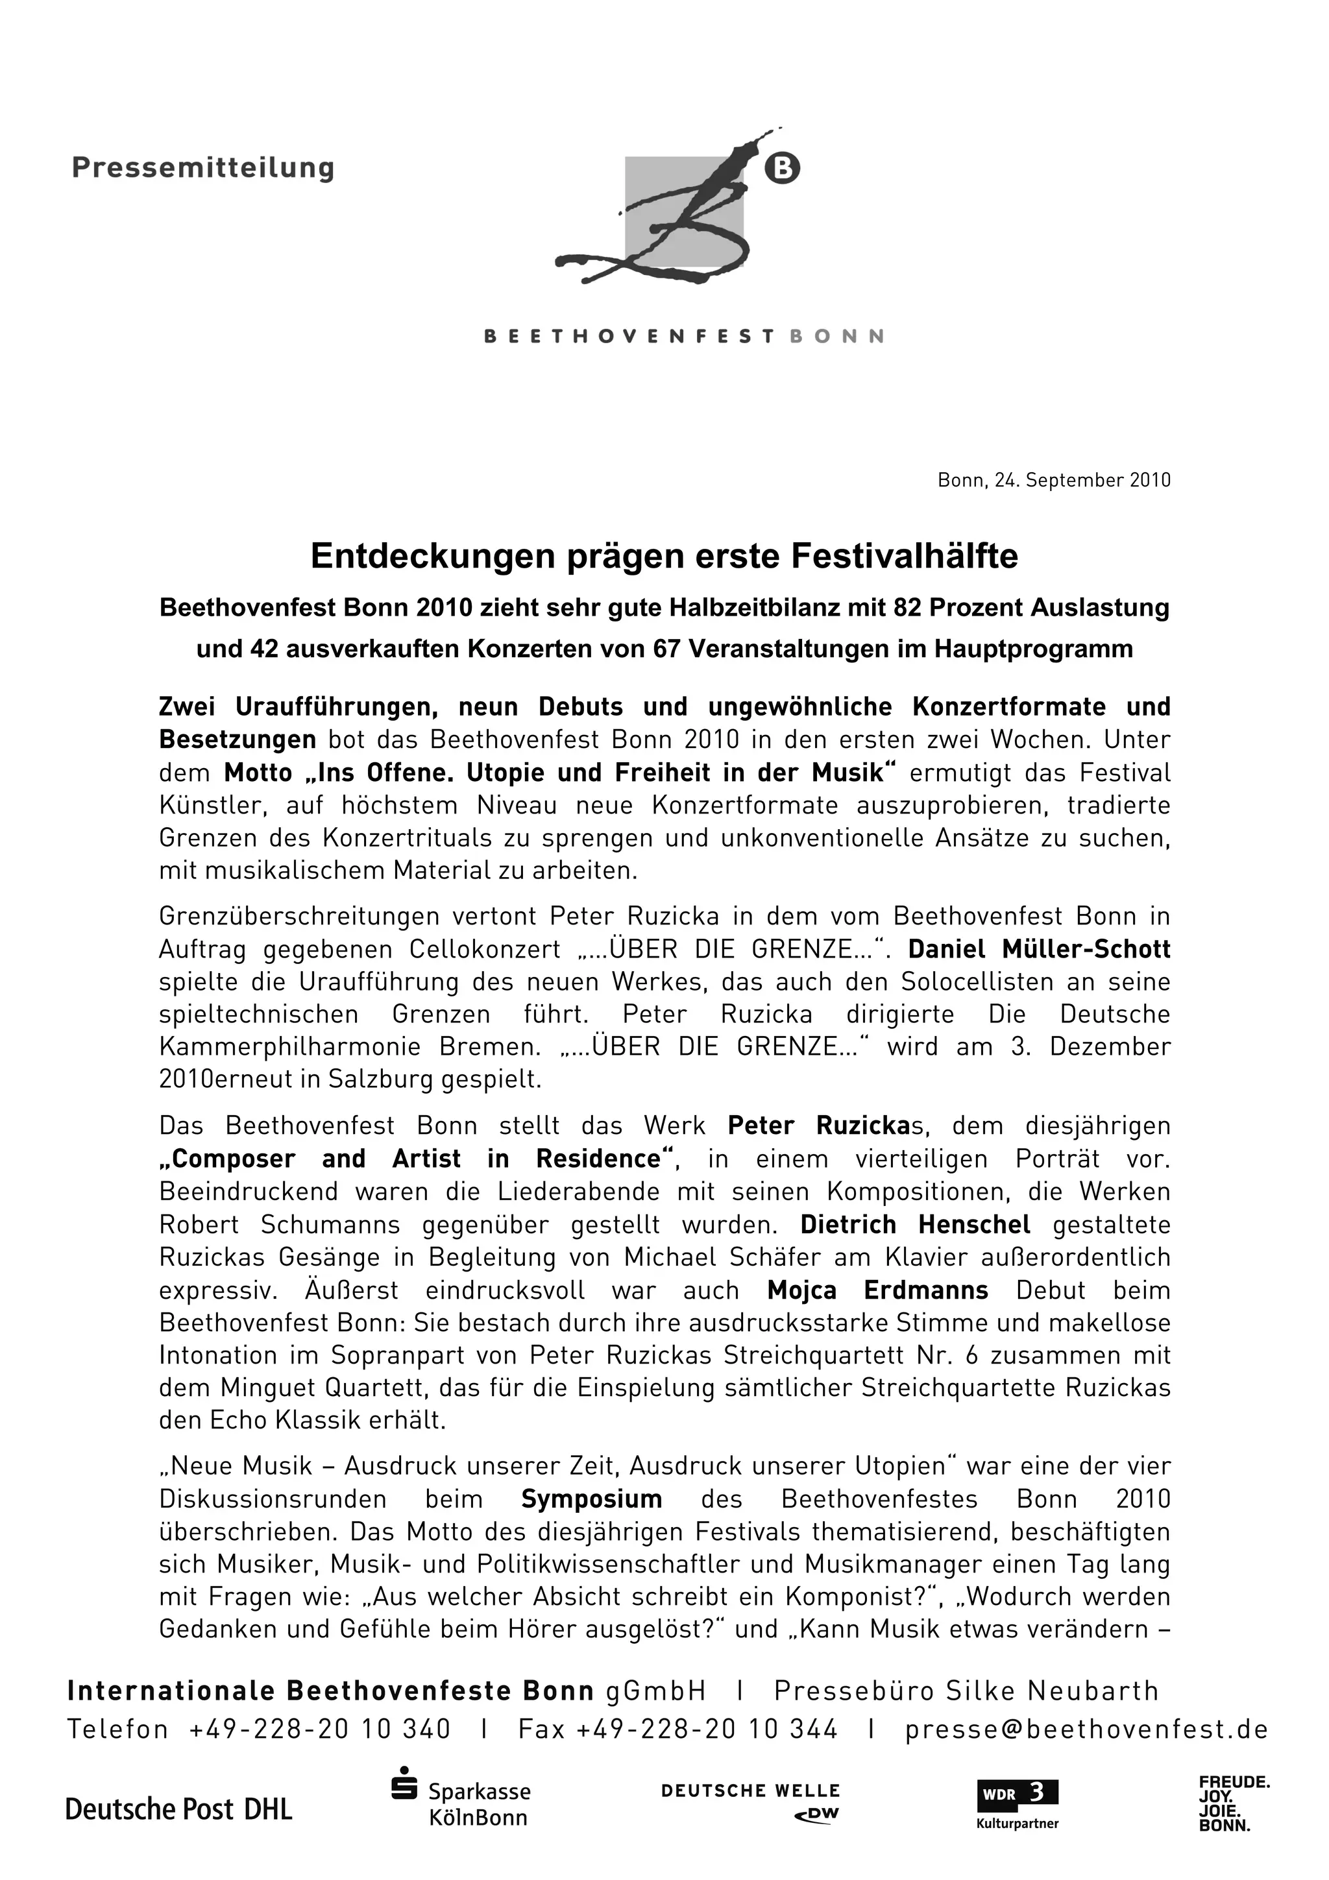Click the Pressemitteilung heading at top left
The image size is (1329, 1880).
coord(203,168)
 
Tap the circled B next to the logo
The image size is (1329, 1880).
coord(782,169)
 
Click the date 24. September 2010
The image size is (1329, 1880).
coord(1082,481)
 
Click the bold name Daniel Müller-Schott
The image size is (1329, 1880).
coord(1039,949)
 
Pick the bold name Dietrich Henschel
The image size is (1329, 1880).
coord(914,1225)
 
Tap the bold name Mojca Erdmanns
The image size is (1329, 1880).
coord(877,1290)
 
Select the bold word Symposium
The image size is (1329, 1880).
coord(591,1499)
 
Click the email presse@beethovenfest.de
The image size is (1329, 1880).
coord(1086,1729)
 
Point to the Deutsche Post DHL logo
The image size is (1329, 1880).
coord(178,1809)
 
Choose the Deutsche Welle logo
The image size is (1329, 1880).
coord(750,1802)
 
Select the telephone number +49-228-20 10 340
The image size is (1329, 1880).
coord(319,1729)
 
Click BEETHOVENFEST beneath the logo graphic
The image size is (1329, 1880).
coord(629,337)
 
